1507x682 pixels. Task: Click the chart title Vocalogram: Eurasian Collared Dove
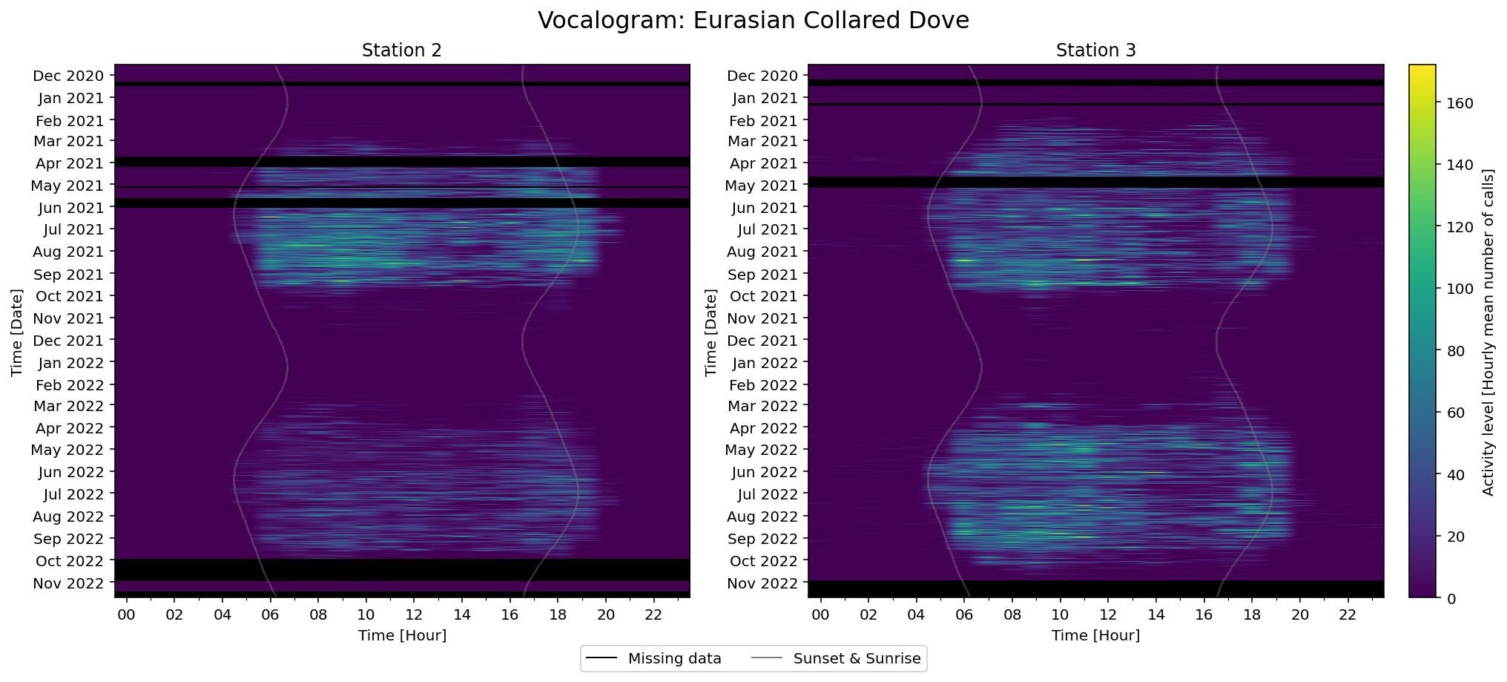753,20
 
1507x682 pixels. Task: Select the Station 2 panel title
401,50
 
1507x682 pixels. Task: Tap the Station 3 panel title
1095,50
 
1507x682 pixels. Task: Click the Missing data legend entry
653,658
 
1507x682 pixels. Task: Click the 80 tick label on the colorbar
1455,351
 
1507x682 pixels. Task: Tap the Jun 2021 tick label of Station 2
69,208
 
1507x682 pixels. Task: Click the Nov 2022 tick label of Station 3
762,583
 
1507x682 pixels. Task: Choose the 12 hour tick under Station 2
414,614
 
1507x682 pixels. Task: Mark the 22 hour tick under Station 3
1348,614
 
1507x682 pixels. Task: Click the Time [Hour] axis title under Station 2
402,635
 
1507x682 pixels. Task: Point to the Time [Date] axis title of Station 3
711,332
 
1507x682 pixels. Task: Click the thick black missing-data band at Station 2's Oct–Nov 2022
402,570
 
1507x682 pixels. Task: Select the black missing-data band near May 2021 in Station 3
1095,182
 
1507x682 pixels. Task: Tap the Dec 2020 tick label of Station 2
69,76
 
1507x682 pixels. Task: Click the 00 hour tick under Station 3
820,614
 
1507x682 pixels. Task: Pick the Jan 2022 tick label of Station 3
765,363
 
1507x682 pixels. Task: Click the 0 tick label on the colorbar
1451,599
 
